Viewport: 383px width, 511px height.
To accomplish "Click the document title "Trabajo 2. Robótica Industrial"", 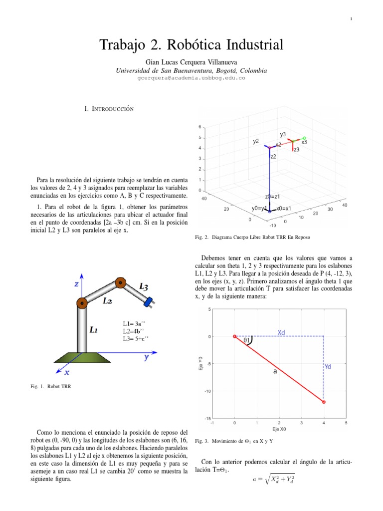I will pos(191,45).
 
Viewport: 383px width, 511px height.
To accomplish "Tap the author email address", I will pos(191,78).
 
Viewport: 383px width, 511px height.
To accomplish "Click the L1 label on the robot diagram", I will pos(94,329).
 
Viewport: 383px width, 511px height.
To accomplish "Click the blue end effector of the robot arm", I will pos(148,301).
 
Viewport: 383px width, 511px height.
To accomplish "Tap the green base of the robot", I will pos(82,358).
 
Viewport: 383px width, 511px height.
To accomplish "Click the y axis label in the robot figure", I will pos(147,357).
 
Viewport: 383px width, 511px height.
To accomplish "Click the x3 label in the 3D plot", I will pos(304,142).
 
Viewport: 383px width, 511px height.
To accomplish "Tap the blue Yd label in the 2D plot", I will pos(328,367).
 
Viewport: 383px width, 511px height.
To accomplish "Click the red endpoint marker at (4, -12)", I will pos(324,402).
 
